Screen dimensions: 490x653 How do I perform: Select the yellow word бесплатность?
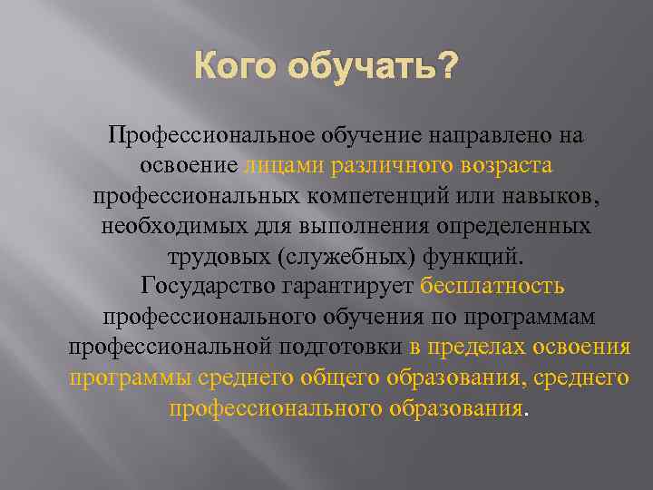493,287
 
